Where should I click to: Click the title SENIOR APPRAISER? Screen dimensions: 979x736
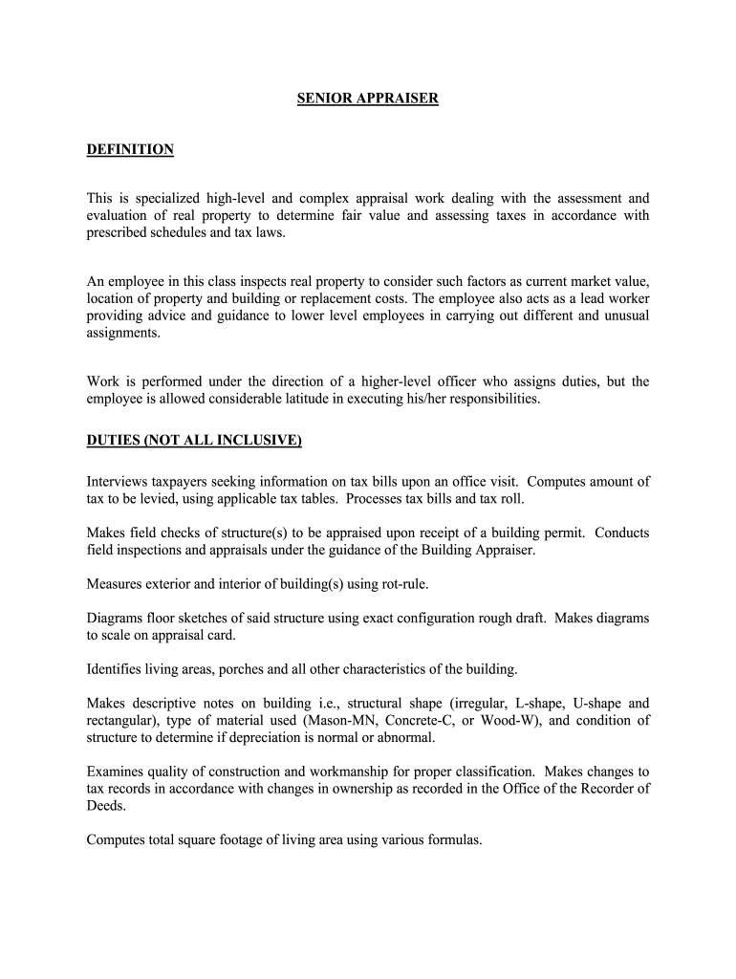pos(367,98)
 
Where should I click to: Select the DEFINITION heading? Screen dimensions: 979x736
pos(130,149)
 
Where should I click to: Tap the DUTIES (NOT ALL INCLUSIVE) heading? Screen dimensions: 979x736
pos(194,440)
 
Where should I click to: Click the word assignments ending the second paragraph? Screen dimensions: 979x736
pos(122,334)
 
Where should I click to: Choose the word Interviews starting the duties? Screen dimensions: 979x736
pos(120,482)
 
